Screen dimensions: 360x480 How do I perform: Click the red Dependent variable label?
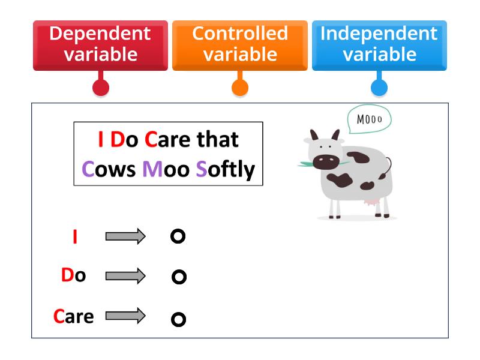coord(100,44)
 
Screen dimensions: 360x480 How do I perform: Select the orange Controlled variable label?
coord(239,44)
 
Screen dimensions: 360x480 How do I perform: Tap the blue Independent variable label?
coord(379,44)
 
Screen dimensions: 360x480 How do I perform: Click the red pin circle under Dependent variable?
coord(101,88)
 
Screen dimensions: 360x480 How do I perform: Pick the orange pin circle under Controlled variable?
coord(240,88)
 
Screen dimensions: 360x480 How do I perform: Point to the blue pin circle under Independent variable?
coord(379,88)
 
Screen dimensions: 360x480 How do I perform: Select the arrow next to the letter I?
coord(125,236)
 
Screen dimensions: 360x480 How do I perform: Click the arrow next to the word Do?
coord(125,276)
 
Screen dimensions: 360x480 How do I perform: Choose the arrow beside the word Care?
coord(125,315)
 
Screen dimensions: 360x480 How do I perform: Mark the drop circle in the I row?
coord(178,236)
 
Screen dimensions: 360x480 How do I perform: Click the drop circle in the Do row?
coord(179,277)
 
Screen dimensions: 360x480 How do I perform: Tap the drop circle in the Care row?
coord(178,319)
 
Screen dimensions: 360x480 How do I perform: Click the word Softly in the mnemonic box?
coord(226,170)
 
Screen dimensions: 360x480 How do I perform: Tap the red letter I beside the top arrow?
coord(74,237)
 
